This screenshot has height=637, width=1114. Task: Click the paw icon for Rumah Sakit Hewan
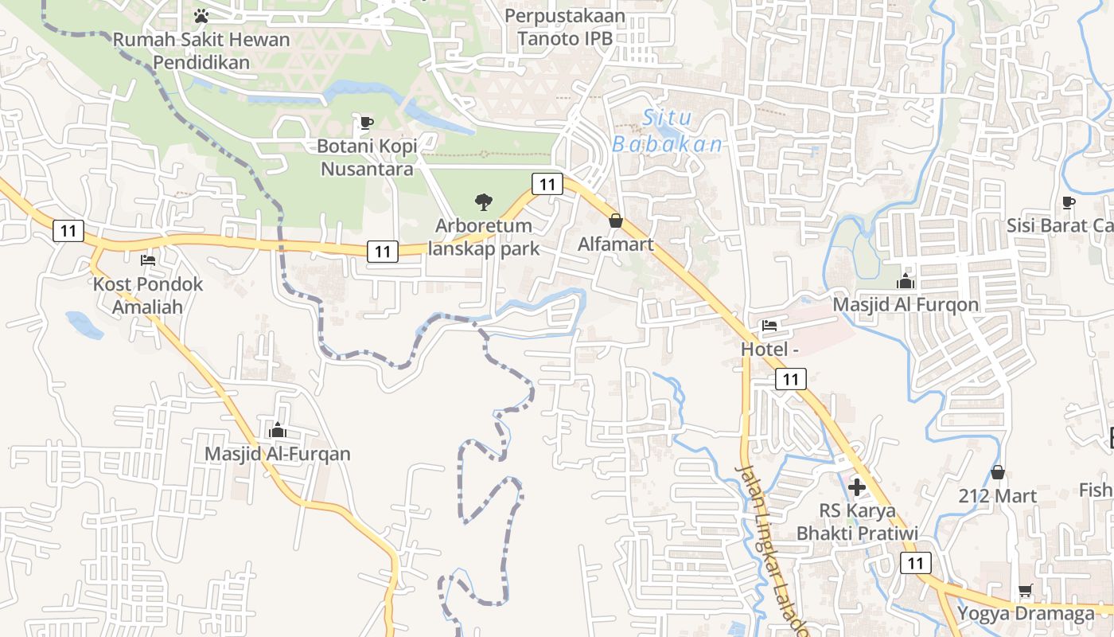[201, 15]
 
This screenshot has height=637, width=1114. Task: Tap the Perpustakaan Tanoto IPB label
[565, 26]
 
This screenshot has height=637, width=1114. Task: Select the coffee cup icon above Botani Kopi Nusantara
[366, 123]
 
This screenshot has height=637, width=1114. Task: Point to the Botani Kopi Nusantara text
[365, 158]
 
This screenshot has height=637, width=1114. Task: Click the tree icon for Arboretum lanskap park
[483, 202]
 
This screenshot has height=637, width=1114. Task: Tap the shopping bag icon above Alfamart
[616, 221]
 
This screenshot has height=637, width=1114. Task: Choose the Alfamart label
[616, 244]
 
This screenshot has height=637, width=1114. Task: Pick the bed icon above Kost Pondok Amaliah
[148, 260]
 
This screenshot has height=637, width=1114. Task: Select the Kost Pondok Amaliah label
[148, 295]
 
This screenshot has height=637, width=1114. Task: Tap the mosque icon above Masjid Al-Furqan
[278, 430]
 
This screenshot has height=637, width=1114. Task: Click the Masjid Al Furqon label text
[906, 305]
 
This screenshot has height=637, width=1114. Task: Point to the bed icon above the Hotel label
[769, 326]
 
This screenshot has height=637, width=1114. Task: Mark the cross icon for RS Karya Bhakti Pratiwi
[857, 487]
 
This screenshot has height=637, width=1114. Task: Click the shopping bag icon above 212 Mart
[998, 472]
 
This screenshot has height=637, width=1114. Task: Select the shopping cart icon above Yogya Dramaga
[1026, 591]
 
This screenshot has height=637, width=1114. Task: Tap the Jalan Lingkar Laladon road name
[771, 549]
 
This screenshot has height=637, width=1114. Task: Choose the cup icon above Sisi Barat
[1069, 202]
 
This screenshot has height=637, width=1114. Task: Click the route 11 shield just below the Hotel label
[790, 379]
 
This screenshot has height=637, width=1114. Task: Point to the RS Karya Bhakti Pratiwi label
[857, 522]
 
